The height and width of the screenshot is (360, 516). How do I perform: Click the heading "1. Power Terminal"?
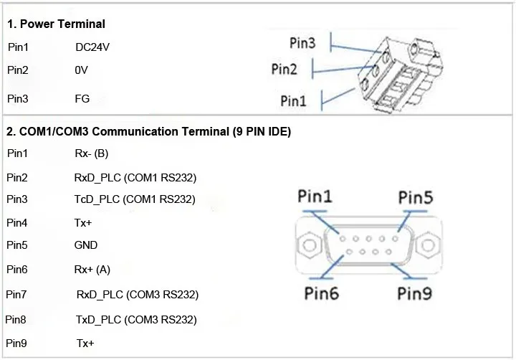(x=56, y=24)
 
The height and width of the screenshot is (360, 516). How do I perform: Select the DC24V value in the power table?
(x=92, y=47)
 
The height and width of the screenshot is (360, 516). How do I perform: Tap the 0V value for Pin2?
(x=81, y=70)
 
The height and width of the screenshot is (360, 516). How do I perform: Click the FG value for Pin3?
(x=82, y=98)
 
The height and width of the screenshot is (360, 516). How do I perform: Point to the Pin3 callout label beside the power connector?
(x=302, y=43)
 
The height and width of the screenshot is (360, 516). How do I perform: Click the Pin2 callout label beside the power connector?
(x=284, y=69)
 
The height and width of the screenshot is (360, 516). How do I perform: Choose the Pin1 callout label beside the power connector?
(x=293, y=100)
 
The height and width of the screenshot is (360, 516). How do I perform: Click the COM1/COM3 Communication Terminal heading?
(x=148, y=131)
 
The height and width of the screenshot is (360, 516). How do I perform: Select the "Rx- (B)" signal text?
(x=92, y=153)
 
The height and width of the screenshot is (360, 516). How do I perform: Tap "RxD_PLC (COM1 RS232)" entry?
(x=135, y=178)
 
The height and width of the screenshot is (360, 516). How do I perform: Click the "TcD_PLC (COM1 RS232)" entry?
(x=135, y=199)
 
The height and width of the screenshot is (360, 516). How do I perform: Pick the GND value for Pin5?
(x=85, y=245)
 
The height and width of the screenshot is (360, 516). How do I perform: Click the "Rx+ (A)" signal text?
(x=92, y=270)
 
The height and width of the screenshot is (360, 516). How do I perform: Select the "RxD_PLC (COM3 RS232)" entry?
(x=138, y=295)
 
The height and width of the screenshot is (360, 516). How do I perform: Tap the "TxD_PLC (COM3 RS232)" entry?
(x=136, y=320)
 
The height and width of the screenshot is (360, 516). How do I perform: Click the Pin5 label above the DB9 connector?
(x=416, y=197)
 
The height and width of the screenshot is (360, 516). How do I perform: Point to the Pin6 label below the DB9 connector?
(x=322, y=293)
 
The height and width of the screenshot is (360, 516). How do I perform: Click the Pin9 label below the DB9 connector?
(x=415, y=293)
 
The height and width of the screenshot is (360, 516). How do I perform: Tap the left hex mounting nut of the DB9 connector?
(x=310, y=245)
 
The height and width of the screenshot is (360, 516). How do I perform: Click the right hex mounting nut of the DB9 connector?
(x=428, y=245)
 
